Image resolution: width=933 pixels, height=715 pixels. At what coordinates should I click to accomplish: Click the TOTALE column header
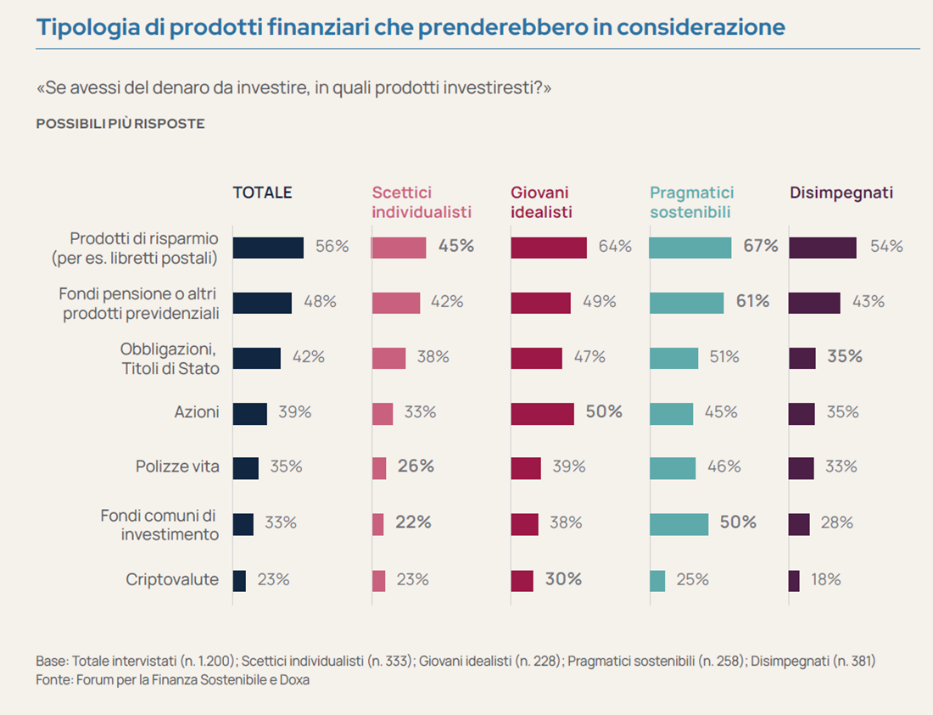pyautogui.click(x=262, y=193)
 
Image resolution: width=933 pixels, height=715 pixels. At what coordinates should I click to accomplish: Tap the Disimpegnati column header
pyautogui.click(x=841, y=193)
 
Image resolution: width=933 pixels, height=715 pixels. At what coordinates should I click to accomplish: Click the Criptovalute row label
pyautogui.click(x=172, y=580)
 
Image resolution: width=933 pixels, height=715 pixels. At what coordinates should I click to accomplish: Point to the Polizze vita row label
pyautogui.click(x=177, y=466)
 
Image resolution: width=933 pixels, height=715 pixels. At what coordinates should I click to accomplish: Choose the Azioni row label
pyautogui.click(x=197, y=412)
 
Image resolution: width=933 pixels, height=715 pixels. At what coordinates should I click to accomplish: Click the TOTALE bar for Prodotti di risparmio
pyautogui.click(x=268, y=247)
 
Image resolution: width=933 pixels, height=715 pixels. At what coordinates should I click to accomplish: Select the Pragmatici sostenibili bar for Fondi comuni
pyautogui.click(x=679, y=524)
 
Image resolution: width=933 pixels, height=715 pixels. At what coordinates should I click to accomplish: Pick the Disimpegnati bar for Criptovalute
pyautogui.click(x=794, y=580)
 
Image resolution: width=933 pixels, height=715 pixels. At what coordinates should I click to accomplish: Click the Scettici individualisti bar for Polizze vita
pyautogui.click(x=379, y=467)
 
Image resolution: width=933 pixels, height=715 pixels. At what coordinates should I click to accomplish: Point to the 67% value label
pyautogui.click(x=760, y=247)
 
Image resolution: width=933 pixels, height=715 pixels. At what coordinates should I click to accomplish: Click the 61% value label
pyautogui.click(x=751, y=301)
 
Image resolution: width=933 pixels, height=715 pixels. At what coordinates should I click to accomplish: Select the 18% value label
pyautogui.click(x=825, y=580)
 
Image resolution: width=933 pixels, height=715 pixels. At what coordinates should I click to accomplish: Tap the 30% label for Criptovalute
pyautogui.click(x=563, y=580)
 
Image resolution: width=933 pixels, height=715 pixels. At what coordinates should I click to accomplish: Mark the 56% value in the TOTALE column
pyautogui.click(x=332, y=247)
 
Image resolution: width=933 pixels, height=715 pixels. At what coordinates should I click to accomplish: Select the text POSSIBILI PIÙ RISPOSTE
pyautogui.click(x=120, y=124)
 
